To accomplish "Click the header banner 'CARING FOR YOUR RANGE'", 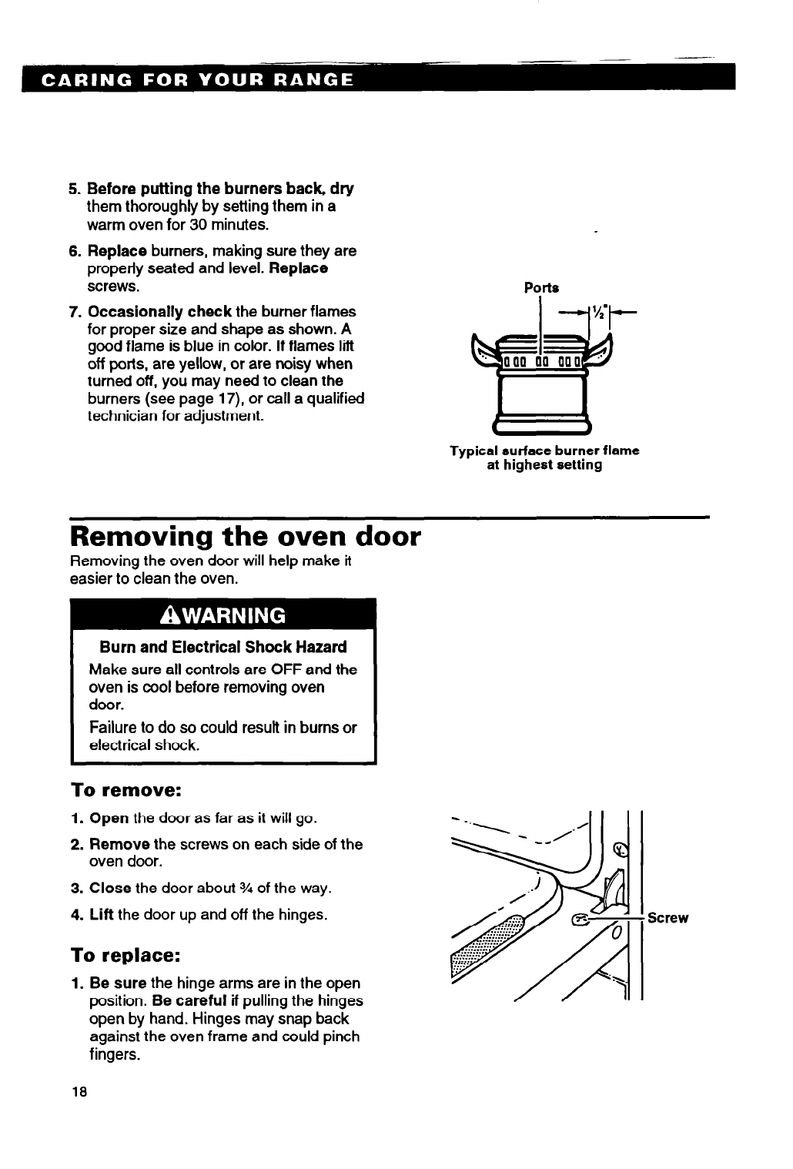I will pos(189,80).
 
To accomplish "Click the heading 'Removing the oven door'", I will pos(246,536).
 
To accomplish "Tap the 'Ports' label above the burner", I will pos(541,287).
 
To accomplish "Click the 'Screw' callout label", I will pos(668,918).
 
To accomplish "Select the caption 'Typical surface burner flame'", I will pos(545,450).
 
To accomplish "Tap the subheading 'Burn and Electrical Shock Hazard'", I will pos(218,647).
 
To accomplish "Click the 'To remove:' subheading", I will pos(126,791).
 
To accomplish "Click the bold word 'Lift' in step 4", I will pos(102,916).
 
